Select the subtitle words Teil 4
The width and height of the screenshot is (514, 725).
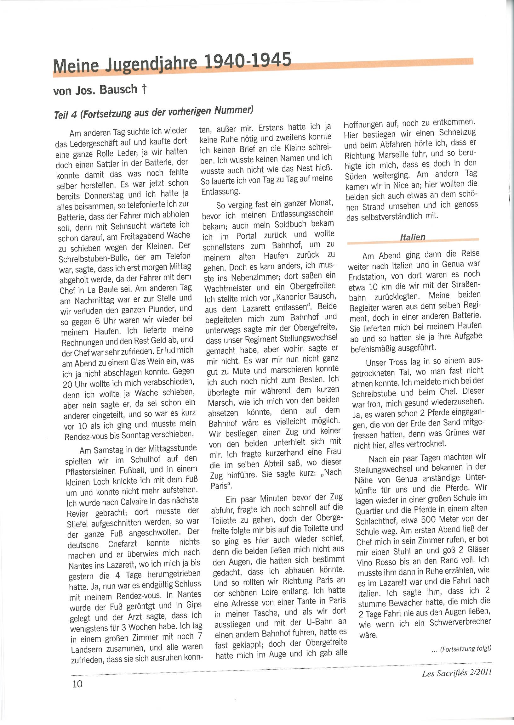[x=65, y=115]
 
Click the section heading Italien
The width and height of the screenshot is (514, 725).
[x=412, y=237]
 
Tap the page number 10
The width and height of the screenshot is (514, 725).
[x=77, y=683]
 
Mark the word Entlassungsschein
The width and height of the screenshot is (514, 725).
[x=302, y=214]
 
